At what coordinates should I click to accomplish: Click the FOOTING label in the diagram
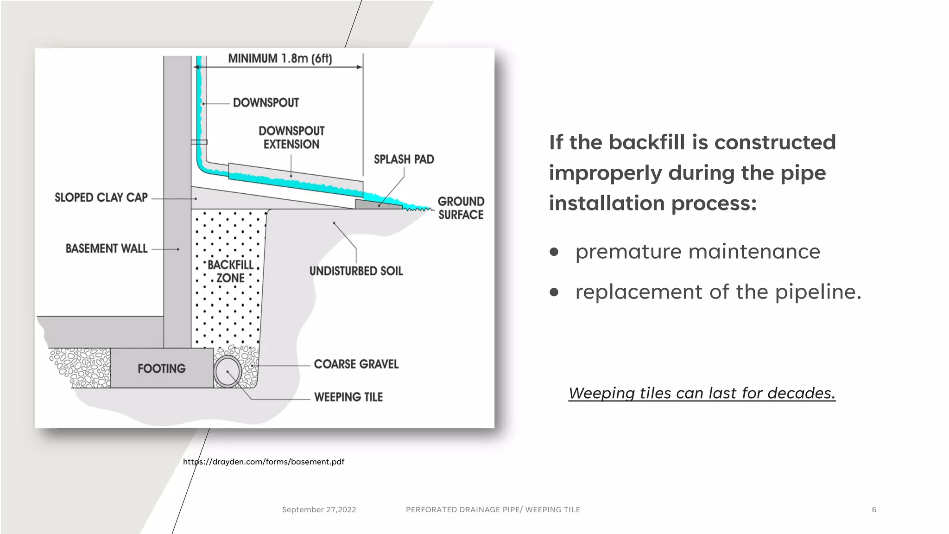click(x=161, y=369)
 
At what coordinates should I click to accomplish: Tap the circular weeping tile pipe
click(x=227, y=371)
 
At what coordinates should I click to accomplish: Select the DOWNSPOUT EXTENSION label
click(x=291, y=138)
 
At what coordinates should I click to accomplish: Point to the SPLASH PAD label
click(x=404, y=159)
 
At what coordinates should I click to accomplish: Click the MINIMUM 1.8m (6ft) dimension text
click(x=280, y=59)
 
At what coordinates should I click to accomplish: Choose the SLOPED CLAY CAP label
click(x=101, y=197)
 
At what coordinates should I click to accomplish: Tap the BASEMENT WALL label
click(x=107, y=248)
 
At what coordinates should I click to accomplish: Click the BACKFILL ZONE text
click(x=230, y=271)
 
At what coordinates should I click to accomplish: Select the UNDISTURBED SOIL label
click(x=356, y=271)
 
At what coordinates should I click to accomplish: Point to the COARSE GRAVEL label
click(x=356, y=364)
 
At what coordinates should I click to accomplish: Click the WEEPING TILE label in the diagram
click(x=348, y=397)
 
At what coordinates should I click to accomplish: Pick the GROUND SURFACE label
click(x=461, y=208)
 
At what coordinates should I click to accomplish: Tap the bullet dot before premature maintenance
click(x=554, y=252)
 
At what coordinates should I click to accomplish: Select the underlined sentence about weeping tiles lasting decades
click(x=702, y=393)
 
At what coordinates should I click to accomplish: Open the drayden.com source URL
click(x=264, y=462)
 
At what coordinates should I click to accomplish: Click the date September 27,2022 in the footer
click(x=319, y=509)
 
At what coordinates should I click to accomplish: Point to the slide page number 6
click(x=874, y=509)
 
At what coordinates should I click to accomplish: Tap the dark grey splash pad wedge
click(x=377, y=204)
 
